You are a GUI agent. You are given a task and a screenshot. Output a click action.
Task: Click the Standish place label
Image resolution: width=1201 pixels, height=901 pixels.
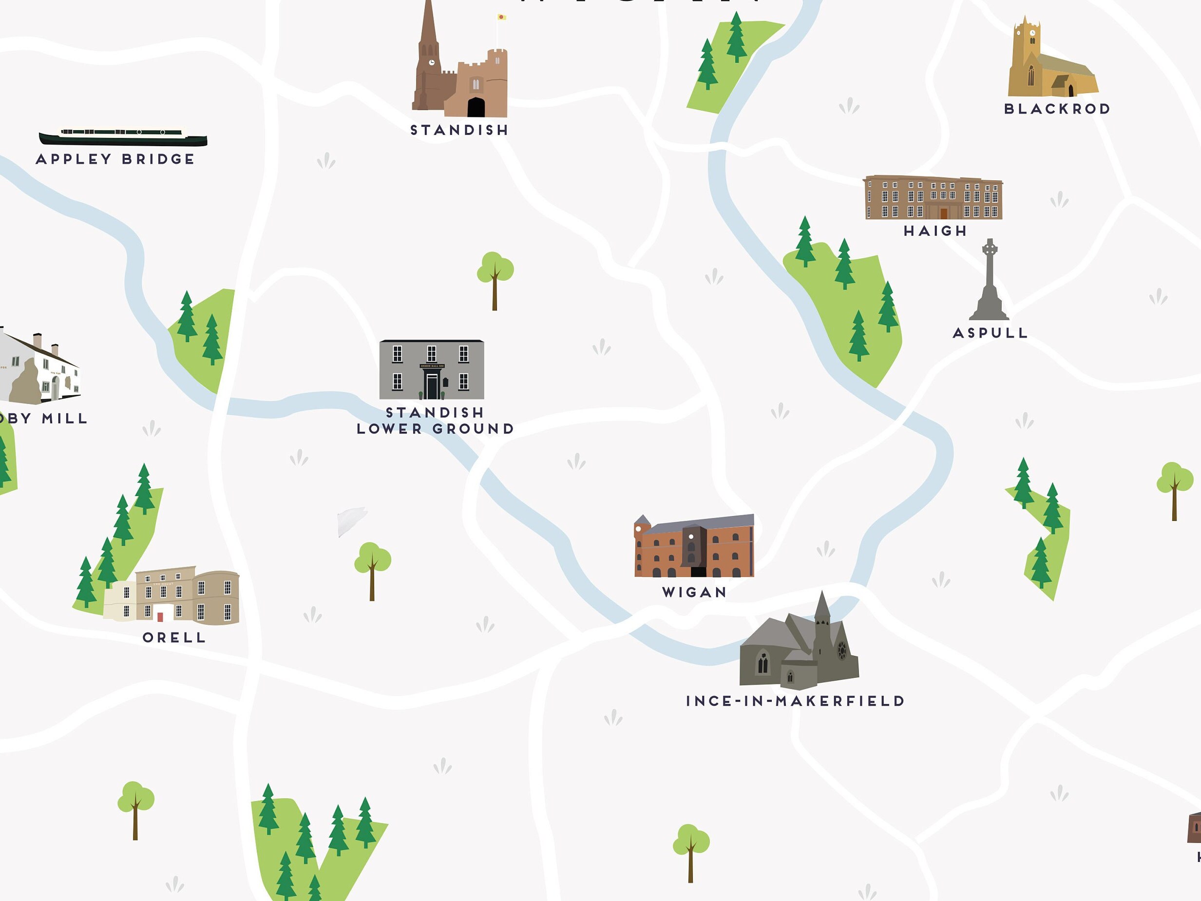(x=459, y=130)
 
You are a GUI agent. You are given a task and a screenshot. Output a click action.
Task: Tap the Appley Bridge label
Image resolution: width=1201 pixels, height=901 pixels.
(x=115, y=159)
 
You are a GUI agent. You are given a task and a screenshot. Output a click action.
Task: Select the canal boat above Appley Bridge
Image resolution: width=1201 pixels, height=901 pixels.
(x=123, y=136)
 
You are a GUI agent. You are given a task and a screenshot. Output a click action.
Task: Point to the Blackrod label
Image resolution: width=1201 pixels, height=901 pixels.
(x=1057, y=109)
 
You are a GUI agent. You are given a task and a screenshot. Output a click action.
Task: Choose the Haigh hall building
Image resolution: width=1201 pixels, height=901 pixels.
(x=932, y=198)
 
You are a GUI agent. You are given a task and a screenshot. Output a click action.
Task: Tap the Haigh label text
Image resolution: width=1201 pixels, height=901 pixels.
(x=935, y=231)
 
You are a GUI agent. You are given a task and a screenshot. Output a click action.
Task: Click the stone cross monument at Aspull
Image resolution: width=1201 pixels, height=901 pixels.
(x=989, y=283)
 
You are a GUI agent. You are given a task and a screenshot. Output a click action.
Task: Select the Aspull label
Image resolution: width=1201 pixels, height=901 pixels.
(x=991, y=333)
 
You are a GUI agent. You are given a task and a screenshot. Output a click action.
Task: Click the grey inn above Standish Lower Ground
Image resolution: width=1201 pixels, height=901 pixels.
(x=431, y=369)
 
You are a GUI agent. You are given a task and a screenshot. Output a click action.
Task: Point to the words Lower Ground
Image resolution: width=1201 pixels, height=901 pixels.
(x=435, y=429)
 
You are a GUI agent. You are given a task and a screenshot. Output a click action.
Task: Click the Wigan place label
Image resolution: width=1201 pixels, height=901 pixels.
(x=694, y=593)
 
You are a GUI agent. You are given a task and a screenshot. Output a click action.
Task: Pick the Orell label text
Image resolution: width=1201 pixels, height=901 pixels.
(x=174, y=637)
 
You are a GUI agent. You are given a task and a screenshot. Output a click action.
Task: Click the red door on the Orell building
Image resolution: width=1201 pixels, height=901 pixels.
(x=160, y=617)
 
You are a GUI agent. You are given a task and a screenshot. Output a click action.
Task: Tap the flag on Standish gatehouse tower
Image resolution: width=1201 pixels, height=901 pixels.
(x=501, y=18)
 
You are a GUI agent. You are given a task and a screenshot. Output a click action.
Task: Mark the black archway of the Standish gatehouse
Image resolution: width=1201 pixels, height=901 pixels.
(x=476, y=108)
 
